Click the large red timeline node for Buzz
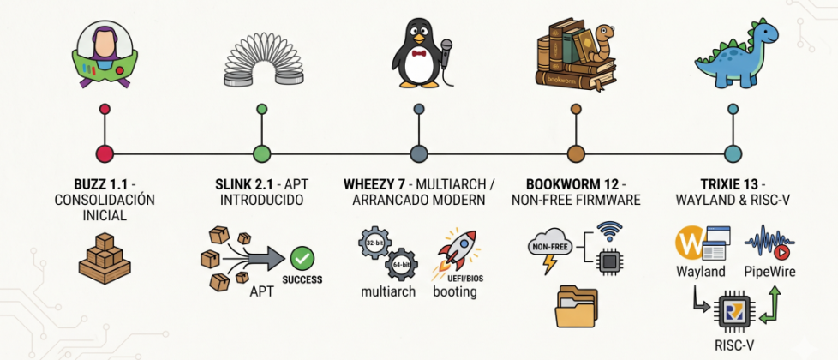tap(105, 154)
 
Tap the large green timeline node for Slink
tap(262, 154)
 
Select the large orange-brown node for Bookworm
tap(576, 154)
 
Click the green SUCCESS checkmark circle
tap(302, 259)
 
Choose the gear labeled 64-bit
tap(401, 265)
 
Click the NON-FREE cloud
tap(551, 245)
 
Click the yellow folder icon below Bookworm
tap(576, 307)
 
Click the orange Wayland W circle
tap(691, 243)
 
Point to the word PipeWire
tap(769, 273)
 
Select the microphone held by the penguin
tap(446, 52)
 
